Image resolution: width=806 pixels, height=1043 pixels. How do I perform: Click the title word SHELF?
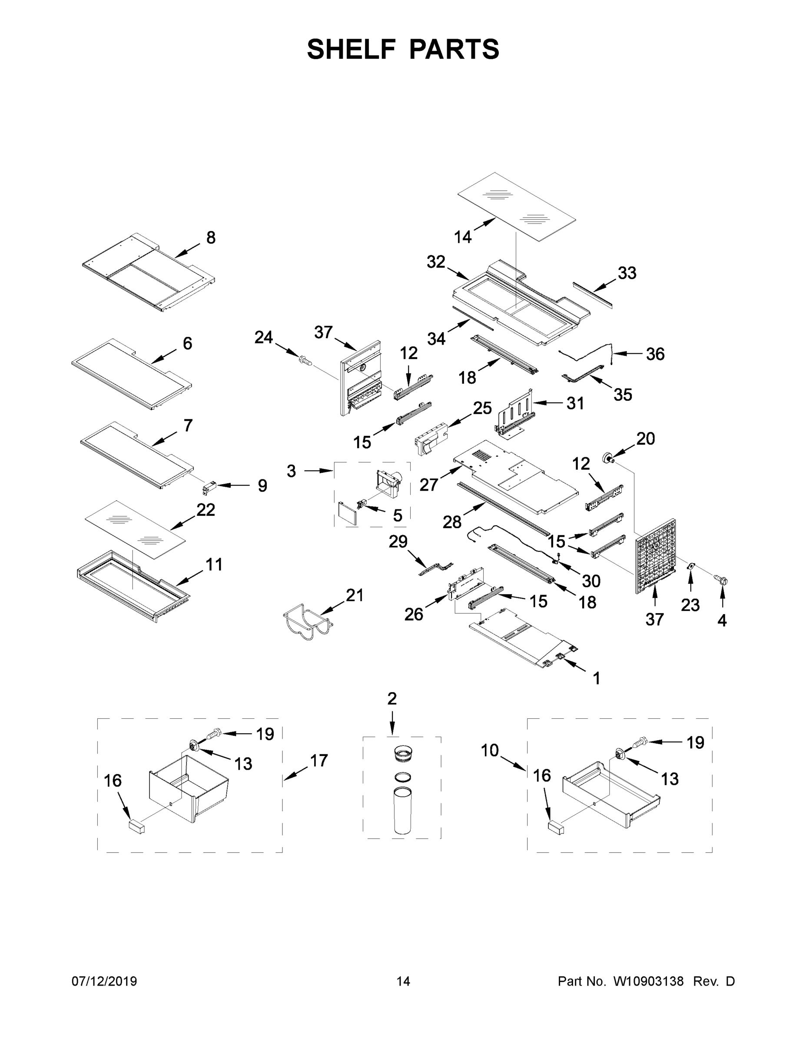point(351,50)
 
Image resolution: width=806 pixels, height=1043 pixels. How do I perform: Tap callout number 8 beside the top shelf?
point(211,238)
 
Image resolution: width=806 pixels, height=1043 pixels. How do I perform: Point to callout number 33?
point(627,273)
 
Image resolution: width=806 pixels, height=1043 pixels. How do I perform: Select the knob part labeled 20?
point(609,458)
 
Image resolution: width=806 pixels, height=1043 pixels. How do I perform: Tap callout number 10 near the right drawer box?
point(490,750)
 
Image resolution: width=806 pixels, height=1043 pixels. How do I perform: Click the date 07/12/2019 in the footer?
point(104,981)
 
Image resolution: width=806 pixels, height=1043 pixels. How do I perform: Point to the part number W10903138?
point(648,981)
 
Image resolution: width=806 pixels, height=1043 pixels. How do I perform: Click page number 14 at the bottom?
point(403,981)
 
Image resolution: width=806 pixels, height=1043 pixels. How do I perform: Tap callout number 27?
point(429,484)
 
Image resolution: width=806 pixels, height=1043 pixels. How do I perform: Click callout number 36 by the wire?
point(655,354)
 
